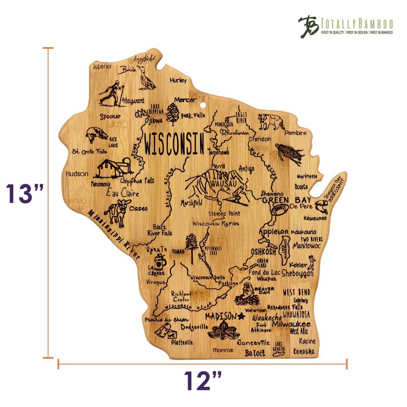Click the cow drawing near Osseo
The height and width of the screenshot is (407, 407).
118,213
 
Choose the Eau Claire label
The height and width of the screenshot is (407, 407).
122,193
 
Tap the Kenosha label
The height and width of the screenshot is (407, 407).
304,352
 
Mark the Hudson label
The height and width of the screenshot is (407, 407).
77,173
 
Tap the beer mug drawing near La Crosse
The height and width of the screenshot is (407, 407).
162,261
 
